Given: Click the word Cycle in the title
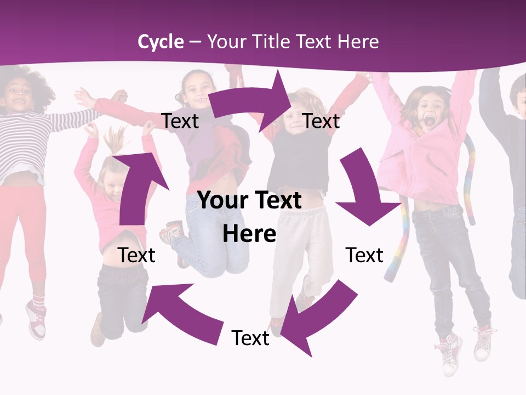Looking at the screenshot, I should click(161, 42).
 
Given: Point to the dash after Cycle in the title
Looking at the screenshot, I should click(195, 42).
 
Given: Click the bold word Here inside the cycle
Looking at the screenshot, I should click(249, 234).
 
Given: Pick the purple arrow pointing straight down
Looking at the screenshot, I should click(364, 190).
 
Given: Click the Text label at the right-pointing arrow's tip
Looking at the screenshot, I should click(321, 121).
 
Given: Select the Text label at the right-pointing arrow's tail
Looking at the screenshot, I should click(180, 121).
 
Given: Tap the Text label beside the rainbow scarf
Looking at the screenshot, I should click(364, 255).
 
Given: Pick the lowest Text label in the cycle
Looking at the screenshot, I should click(250, 338).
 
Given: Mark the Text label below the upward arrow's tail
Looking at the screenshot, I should click(136, 255).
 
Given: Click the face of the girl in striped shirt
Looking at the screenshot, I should click(19, 99).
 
